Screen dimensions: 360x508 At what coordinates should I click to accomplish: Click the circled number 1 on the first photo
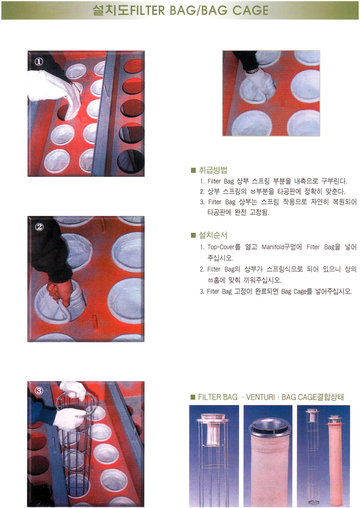39,62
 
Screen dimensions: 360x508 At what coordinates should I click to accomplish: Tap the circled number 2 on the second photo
39,227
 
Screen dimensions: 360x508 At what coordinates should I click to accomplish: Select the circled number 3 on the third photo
39,390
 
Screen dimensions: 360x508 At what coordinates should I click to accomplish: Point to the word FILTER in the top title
147,10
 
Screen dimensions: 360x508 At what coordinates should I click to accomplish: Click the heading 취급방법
213,170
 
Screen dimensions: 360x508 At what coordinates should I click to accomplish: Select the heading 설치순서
213,235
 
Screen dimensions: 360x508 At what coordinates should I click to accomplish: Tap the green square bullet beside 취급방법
193,170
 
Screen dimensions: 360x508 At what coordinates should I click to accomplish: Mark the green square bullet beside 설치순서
193,235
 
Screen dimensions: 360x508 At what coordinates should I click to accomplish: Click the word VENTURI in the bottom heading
260,397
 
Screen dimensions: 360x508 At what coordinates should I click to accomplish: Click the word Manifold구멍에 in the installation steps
282,247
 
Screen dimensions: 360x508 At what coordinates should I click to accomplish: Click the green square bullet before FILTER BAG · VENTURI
193,397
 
